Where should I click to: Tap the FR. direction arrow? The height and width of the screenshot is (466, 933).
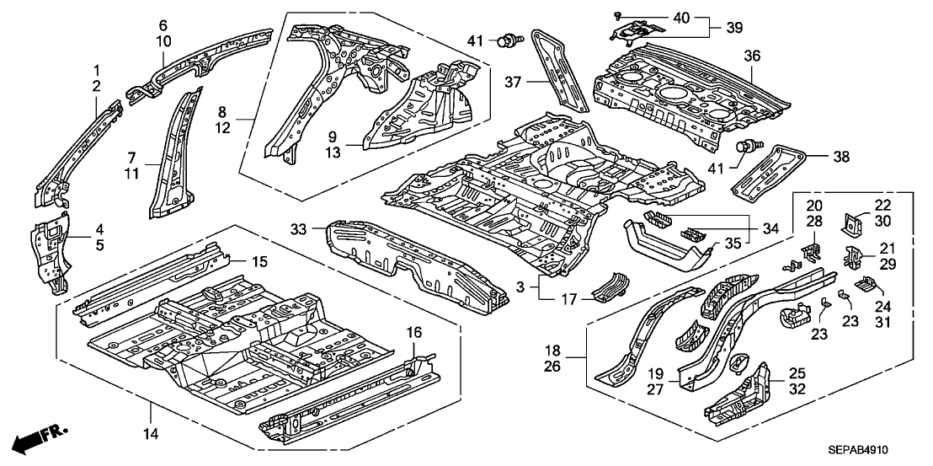point(32,438)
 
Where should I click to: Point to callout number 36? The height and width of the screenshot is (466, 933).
point(752,56)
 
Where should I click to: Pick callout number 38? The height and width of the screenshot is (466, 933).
point(817,157)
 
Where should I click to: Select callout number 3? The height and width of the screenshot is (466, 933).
point(522,288)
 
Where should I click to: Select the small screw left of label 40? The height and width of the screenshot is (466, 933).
point(617,16)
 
